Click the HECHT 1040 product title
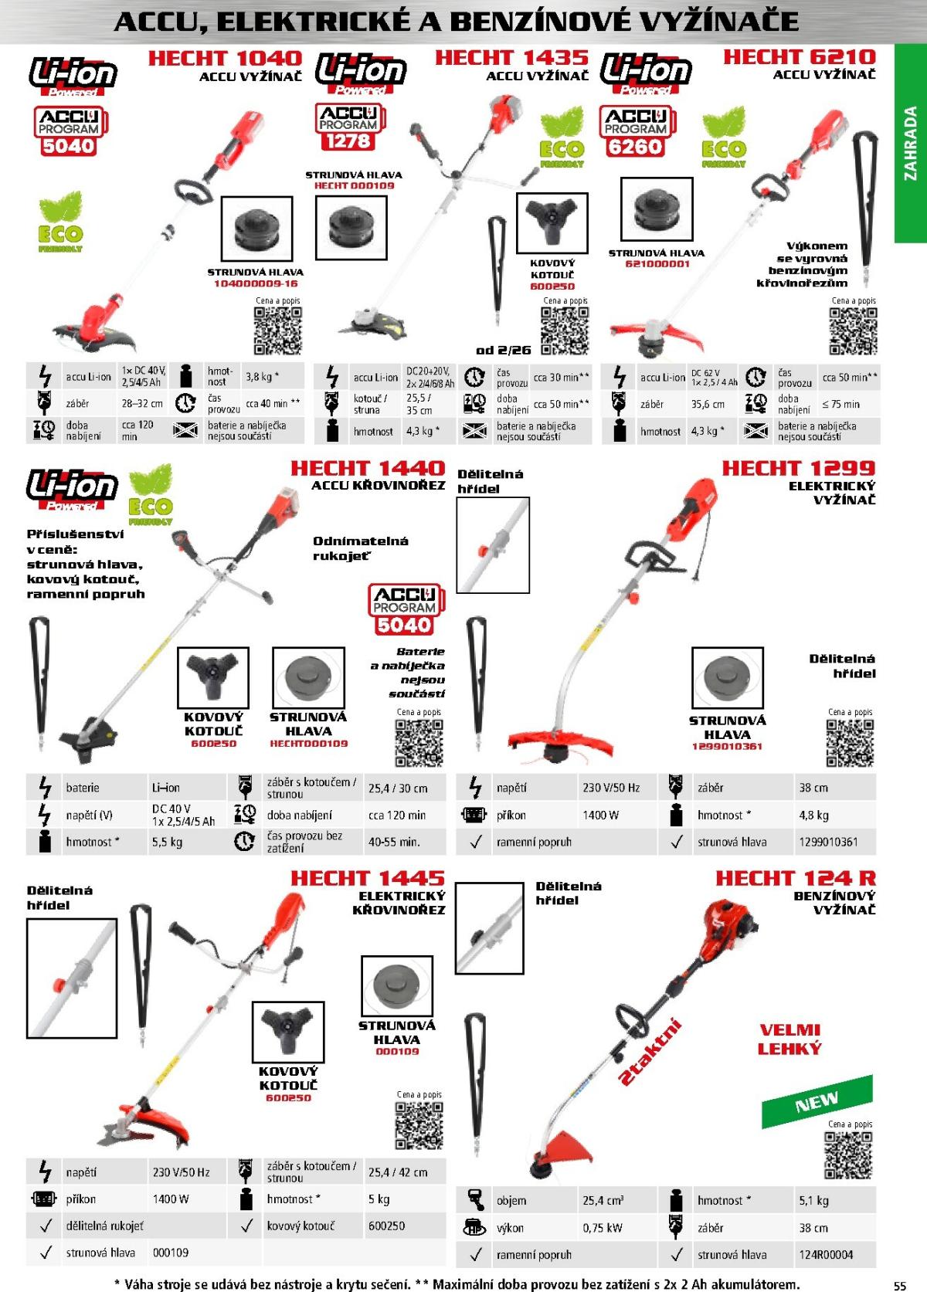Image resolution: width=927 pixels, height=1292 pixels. (225, 58)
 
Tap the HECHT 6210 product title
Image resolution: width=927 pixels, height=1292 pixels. (799, 56)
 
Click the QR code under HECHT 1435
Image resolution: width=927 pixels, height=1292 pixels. (565, 331)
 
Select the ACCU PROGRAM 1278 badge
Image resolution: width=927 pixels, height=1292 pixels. (348, 127)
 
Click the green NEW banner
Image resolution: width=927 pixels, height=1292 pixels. (817, 1100)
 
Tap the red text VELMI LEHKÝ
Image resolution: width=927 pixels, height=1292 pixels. (789, 1039)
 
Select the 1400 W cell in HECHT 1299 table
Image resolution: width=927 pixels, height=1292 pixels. (600, 815)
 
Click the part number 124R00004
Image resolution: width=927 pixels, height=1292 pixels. (826, 1255)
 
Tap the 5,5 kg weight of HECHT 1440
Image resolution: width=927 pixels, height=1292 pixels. (167, 842)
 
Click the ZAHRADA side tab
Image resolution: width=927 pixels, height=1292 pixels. (911, 144)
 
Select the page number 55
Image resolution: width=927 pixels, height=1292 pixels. (899, 1286)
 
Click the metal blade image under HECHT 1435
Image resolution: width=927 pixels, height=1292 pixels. (552, 225)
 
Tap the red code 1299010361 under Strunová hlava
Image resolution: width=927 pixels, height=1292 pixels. (727, 747)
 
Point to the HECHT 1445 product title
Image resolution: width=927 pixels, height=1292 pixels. (368, 878)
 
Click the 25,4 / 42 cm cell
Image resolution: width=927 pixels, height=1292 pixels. (398, 1172)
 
